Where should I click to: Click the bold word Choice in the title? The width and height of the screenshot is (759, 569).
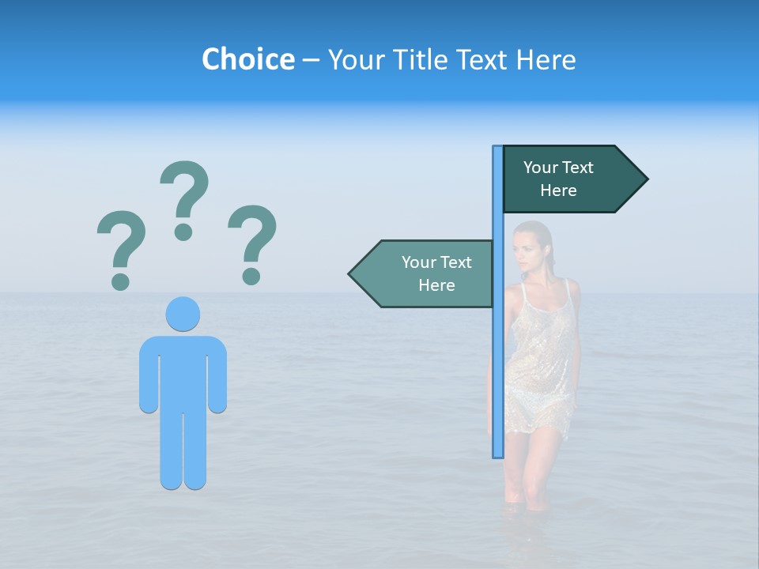click(x=247, y=59)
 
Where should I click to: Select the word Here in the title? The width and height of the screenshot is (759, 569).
click(x=546, y=59)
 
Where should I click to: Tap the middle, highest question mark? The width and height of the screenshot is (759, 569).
click(x=184, y=198)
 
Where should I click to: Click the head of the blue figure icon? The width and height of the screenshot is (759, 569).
click(x=183, y=314)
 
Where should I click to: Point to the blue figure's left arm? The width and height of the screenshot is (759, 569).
click(x=149, y=375)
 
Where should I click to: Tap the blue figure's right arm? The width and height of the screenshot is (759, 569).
click(x=217, y=375)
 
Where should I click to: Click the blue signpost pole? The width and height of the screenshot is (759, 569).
click(x=498, y=356)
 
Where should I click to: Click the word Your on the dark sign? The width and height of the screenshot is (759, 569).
click(x=542, y=168)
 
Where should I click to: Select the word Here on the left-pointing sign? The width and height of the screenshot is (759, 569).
click(x=436, y=285)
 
